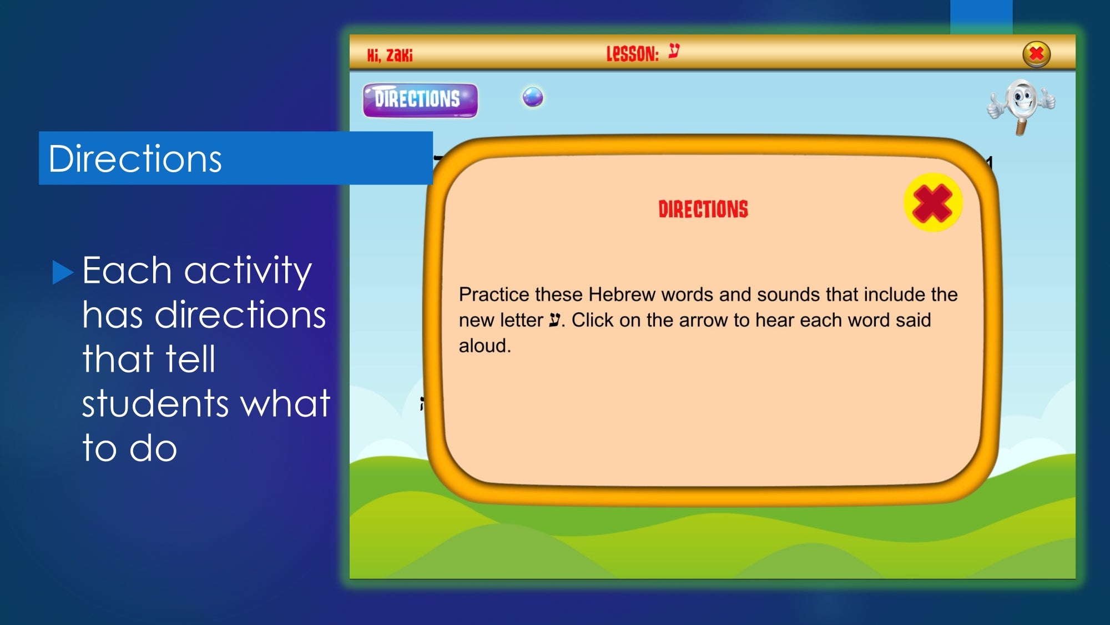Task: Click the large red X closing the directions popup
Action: [932, 202]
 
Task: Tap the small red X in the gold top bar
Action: [1036, 54]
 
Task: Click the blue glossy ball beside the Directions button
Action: [533, 97]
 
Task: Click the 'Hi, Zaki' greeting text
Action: [390, 55]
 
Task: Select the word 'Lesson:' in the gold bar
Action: [632, 54]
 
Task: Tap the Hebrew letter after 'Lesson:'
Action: [674, 51]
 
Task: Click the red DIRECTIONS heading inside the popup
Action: [703, 209]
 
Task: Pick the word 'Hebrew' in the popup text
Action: [622, 294]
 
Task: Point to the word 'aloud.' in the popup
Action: [485, 346]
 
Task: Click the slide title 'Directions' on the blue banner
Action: [135, 159]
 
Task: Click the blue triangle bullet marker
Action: [63, 272]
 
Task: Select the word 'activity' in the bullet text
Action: [248, 272]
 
